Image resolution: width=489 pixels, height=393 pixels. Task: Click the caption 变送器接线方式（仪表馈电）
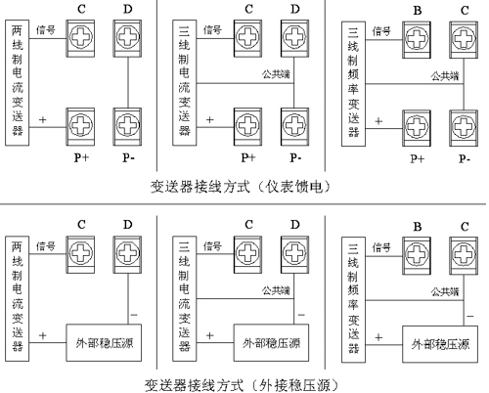(241, 187)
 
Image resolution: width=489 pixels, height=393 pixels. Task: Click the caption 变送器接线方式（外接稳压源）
(242, 385)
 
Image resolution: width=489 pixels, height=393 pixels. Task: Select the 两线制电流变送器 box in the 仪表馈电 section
(17, 83)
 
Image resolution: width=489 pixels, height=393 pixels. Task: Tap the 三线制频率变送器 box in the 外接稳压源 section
(353, 299)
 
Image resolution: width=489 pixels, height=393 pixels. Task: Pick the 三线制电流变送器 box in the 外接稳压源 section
(184, 298)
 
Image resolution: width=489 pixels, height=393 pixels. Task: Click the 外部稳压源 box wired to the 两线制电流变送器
(104, 342)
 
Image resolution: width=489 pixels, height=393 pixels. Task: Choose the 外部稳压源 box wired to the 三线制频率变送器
(440, 344)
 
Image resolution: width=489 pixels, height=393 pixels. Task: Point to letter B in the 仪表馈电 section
(418, 11)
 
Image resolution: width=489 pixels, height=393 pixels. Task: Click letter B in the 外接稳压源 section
(418, 227)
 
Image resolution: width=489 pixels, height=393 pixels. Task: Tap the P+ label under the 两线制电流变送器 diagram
(81, 157)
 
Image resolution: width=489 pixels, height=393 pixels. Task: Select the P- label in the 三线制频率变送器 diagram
(465, 159)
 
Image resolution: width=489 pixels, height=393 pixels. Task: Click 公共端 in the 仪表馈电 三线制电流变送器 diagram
(276, 74)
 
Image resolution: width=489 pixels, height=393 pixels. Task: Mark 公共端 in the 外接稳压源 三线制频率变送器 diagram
(445, 291)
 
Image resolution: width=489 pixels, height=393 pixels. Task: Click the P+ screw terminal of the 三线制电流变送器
(247, 126)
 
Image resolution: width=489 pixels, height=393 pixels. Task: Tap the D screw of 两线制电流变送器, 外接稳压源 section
(127, 254)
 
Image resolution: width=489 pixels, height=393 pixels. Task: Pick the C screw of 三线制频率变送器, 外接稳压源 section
(464, 255)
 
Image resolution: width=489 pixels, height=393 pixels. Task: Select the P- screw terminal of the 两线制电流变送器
(127, 126)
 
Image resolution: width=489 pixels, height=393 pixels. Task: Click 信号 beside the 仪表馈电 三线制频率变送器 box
(381, 31)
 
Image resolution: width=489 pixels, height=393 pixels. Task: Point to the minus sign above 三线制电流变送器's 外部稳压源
(301, 315)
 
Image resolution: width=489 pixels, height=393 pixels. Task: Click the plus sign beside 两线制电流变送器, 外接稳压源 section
(43, 335)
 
